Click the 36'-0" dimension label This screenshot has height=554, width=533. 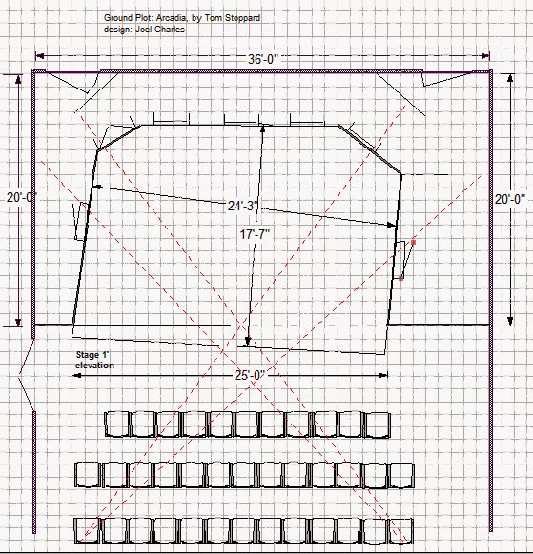pyautogui.click(x=263, y=59)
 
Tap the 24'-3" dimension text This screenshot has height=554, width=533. pyautogui.click(x=243, y=206)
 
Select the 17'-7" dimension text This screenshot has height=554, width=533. pyautogui.click(x=255, y=234)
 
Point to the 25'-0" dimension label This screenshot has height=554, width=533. pyautogui.click(x=250, y=375)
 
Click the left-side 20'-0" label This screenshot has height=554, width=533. pyautogui.click(x=22, y=197)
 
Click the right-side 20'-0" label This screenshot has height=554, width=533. pyautogui.click(x=510, y=199)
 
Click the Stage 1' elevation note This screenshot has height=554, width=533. pyautogui.click(x=94, y=360)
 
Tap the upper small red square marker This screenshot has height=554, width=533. pyautogui.click(x=414, y=242)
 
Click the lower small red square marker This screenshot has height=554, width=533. pyautogui.click(x=401, y=278)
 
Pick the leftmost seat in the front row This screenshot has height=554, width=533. pyautogui.click(x=117, y=424)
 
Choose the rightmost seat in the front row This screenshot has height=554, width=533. pyautogui.click(x=378, y=425)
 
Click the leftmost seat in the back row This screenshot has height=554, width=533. pyautogui.click(x=87, y=530)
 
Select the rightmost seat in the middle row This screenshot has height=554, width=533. pyautogui.click(x=401, y=476)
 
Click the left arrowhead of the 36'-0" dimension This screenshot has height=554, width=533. pyautogui.click(x=40, y=56)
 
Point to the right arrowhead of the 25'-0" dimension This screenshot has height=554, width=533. pyautogui.click(x=383, y=375)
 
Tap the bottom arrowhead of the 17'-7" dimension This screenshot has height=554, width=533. pyautogui.click(x=248, y=341)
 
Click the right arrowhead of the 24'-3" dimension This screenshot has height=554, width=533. pyautogui.click(x=392, y=225)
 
